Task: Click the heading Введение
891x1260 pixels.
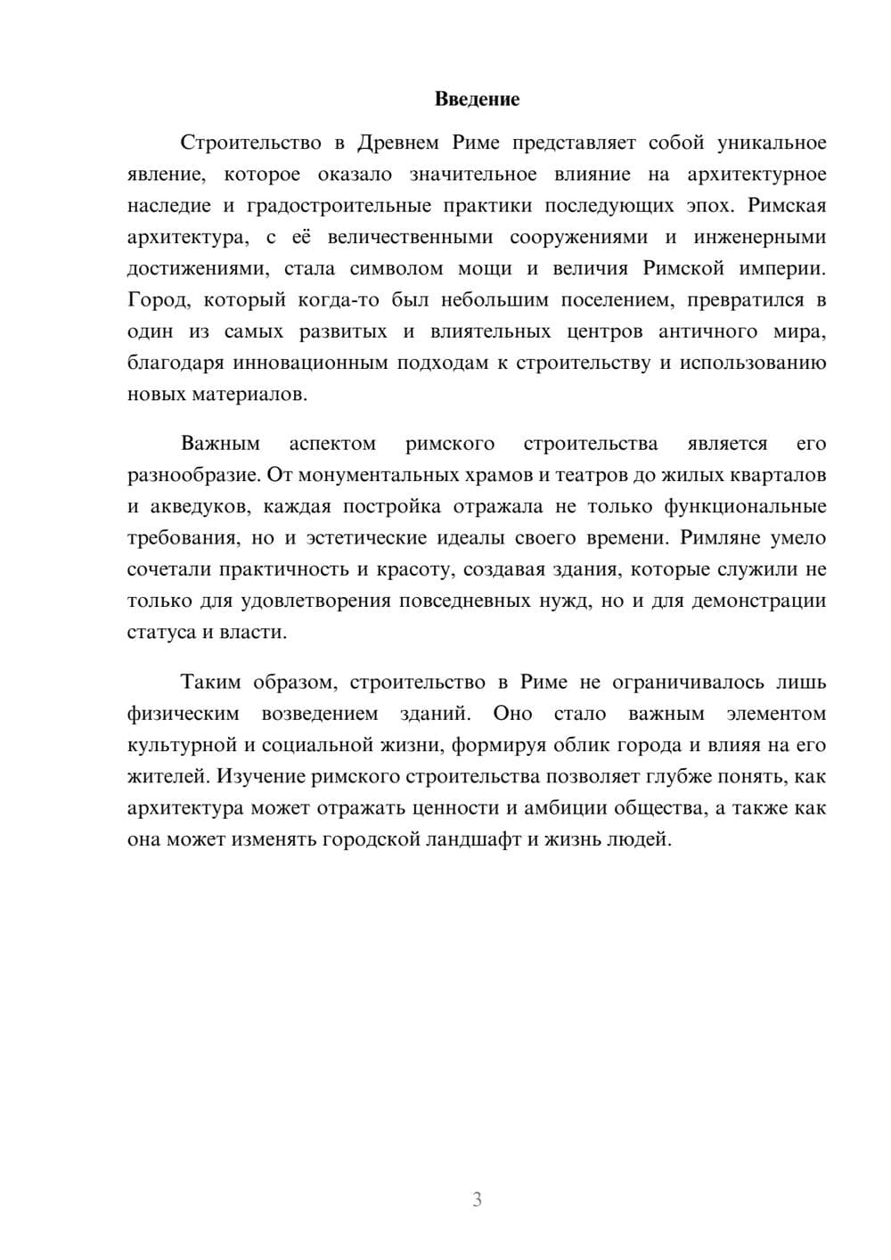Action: pos(477,99)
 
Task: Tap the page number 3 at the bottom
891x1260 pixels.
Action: pos(477,1199)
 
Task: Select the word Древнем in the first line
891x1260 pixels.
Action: pos(396,143)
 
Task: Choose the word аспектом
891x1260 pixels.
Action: pos(332,444)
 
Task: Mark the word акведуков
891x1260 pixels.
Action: pos(191,506)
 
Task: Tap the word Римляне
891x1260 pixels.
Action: pos(717,538)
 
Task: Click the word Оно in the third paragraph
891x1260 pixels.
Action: pos(512,714)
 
